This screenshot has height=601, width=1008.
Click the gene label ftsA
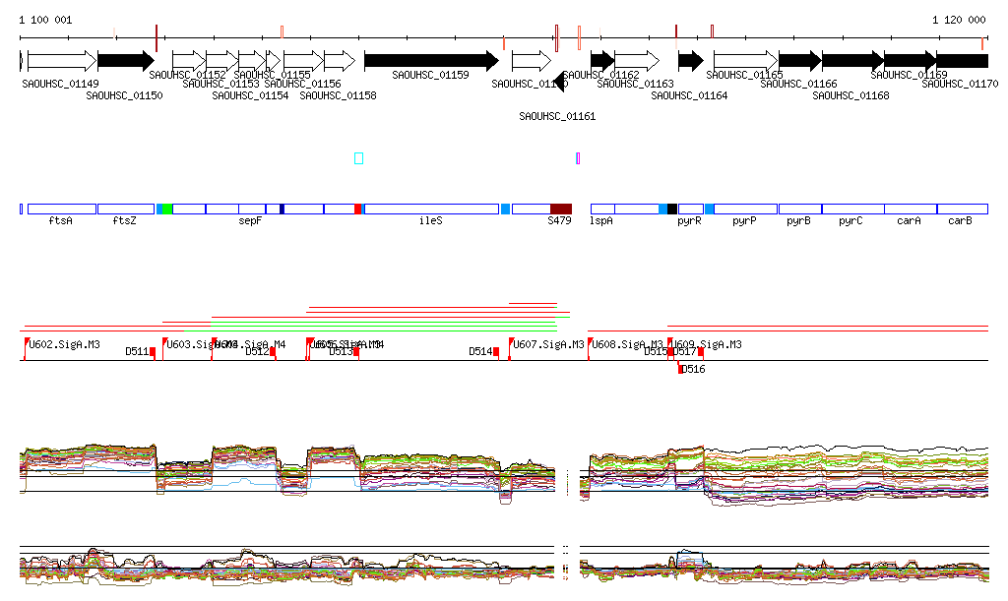[61, 221]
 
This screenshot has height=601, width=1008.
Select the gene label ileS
[430, 221]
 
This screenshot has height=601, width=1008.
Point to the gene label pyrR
[689, 221]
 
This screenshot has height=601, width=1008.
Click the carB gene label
[960, 221]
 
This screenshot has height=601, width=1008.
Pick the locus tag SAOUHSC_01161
[557, 116]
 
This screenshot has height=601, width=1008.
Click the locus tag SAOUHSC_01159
[430, 75]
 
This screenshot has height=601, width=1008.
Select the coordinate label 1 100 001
[45, 20]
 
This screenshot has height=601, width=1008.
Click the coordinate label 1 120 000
[959, 20]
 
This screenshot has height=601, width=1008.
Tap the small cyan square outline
[358, 158]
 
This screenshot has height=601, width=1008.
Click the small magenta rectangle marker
[578, 158]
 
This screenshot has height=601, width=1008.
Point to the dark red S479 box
[560, 209]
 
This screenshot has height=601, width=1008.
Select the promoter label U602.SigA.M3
[64, 344]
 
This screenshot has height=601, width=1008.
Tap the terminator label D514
[480, 351]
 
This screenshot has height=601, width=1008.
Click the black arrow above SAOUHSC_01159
[430, 61]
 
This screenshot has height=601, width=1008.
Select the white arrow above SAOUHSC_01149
[61, 61]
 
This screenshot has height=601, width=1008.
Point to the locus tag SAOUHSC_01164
[689, 95]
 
